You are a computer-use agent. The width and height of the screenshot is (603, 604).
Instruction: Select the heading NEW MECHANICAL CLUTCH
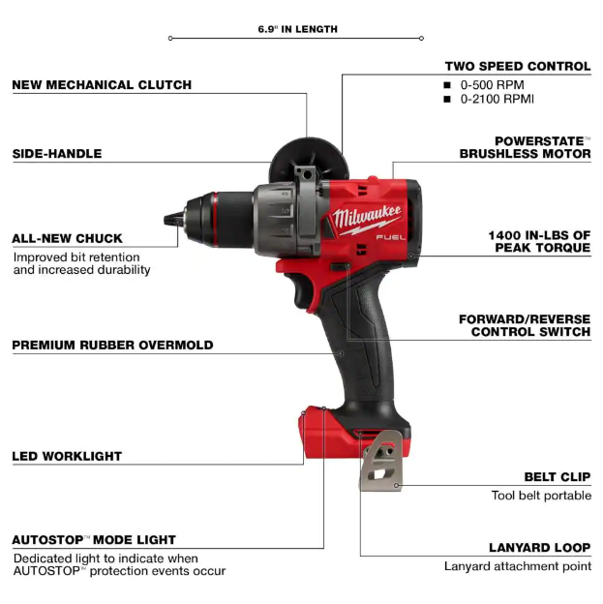102,85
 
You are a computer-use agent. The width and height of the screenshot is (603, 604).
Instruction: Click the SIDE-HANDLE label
57,154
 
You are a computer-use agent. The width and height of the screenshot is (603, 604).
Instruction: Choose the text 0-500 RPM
492,85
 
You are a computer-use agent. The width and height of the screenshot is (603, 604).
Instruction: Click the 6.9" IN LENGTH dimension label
297,29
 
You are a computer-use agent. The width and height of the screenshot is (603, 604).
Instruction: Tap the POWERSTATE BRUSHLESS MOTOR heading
525,147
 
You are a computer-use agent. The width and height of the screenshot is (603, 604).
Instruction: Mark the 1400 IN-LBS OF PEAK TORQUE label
539,241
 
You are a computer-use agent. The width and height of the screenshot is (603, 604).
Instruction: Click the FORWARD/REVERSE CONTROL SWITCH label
525,325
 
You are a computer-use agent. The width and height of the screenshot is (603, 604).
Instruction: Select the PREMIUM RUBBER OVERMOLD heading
112,345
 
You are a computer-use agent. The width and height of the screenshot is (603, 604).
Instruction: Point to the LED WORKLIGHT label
67,456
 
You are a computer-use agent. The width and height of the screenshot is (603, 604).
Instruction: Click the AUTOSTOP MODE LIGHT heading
94,540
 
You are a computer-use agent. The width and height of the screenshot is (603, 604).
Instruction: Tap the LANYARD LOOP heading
540,548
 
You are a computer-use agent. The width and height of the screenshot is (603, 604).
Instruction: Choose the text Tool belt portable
541,495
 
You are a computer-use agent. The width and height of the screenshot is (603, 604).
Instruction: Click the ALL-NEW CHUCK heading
68,238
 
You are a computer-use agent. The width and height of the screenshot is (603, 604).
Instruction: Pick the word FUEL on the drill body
391,237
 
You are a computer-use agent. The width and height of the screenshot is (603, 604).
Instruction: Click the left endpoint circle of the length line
170,38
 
